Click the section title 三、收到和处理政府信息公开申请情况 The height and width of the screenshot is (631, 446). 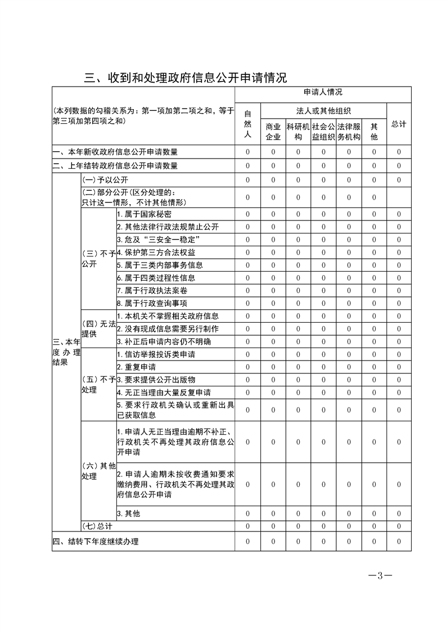pyautogui.click(x=186, y=77)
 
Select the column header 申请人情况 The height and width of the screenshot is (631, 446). pyautogui.click(x=323, y=92)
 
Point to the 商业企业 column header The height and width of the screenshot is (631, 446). pyautogui.click(x=273, y=132)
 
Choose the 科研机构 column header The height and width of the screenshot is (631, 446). pyautogui.click(x=298, y=132)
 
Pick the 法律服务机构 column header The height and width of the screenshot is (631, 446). pyautogui.click(x=349, y=132)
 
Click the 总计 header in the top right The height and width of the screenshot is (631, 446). pyautogui.click(x=399, y=124)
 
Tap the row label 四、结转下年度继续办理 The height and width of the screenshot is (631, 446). pyautogui.click(x=96, y=541)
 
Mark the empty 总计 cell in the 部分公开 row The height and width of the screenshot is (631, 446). pyautogui.click(x=399, y=197)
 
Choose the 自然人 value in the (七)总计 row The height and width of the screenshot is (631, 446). pyautogui.click(x=247, y=525)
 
